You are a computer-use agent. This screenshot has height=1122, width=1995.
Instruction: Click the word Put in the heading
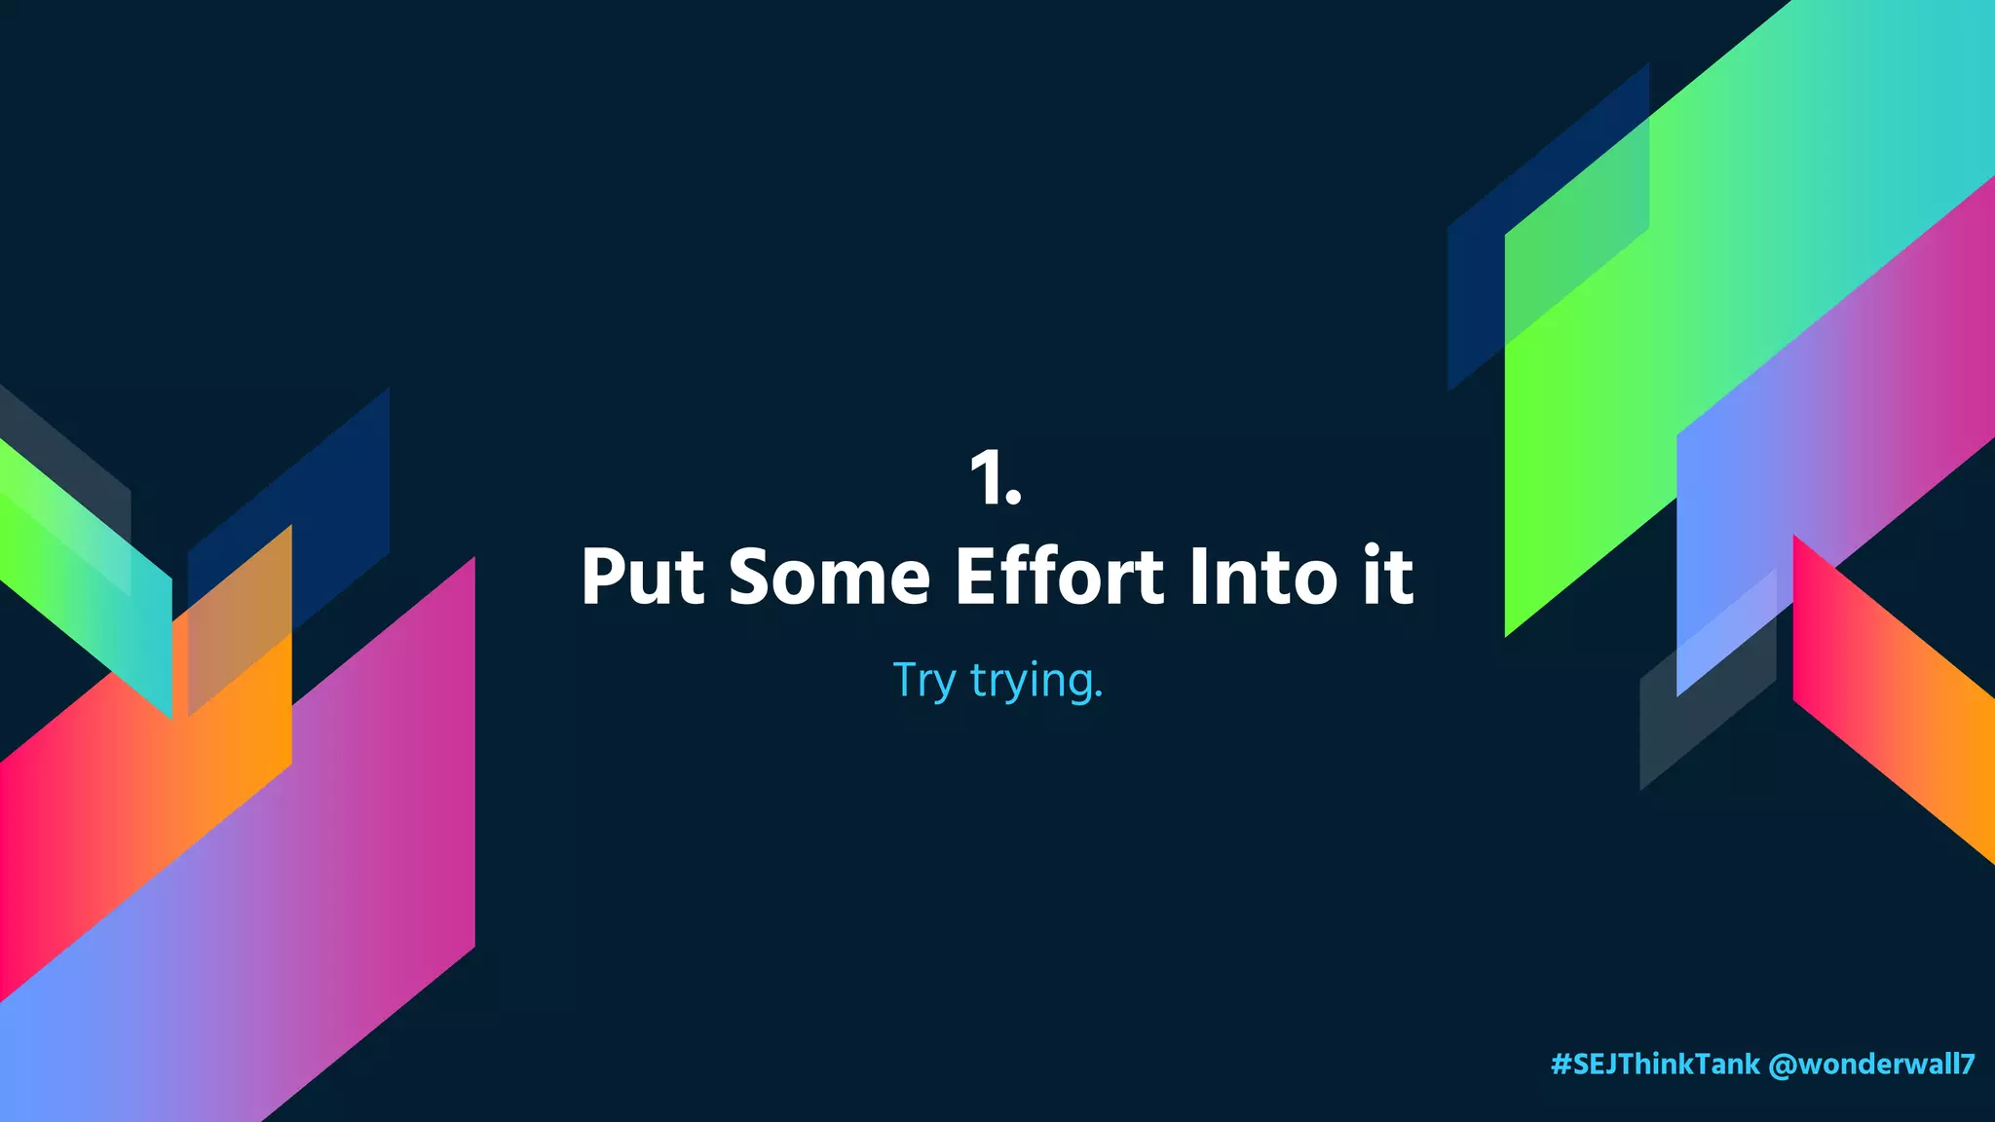pos(642,577)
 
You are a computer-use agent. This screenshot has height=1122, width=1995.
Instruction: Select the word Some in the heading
pos(829,577)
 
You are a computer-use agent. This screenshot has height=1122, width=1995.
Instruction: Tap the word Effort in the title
pos(1059,577)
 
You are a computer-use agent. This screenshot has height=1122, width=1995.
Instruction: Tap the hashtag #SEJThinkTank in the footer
pos(1655,1064)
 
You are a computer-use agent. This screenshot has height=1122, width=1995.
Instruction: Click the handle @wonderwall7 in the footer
pos(1871,1064)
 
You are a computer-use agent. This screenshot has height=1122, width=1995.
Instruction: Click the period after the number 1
pos(1014,500)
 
